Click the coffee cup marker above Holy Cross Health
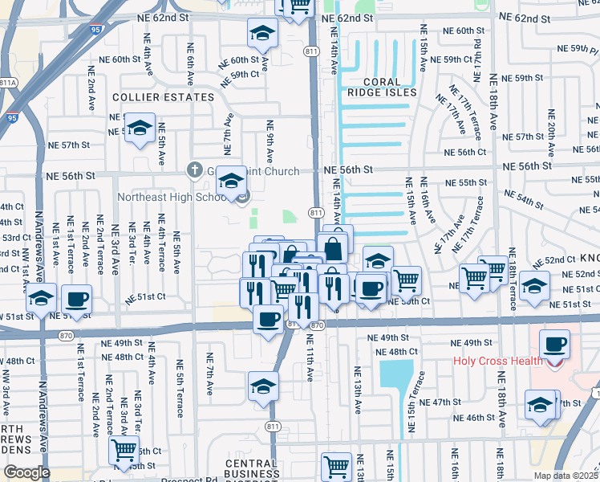[x=554, y=345]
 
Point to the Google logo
[x=26, y=472]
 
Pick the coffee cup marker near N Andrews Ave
[x=77, y=300]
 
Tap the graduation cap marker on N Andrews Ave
[x=41, y=300]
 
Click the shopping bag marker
[x=334, y=247]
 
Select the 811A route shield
[x=8, y=82]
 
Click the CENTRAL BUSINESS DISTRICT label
[x=251, y=470]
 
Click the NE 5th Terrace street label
[x=180, y=399]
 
